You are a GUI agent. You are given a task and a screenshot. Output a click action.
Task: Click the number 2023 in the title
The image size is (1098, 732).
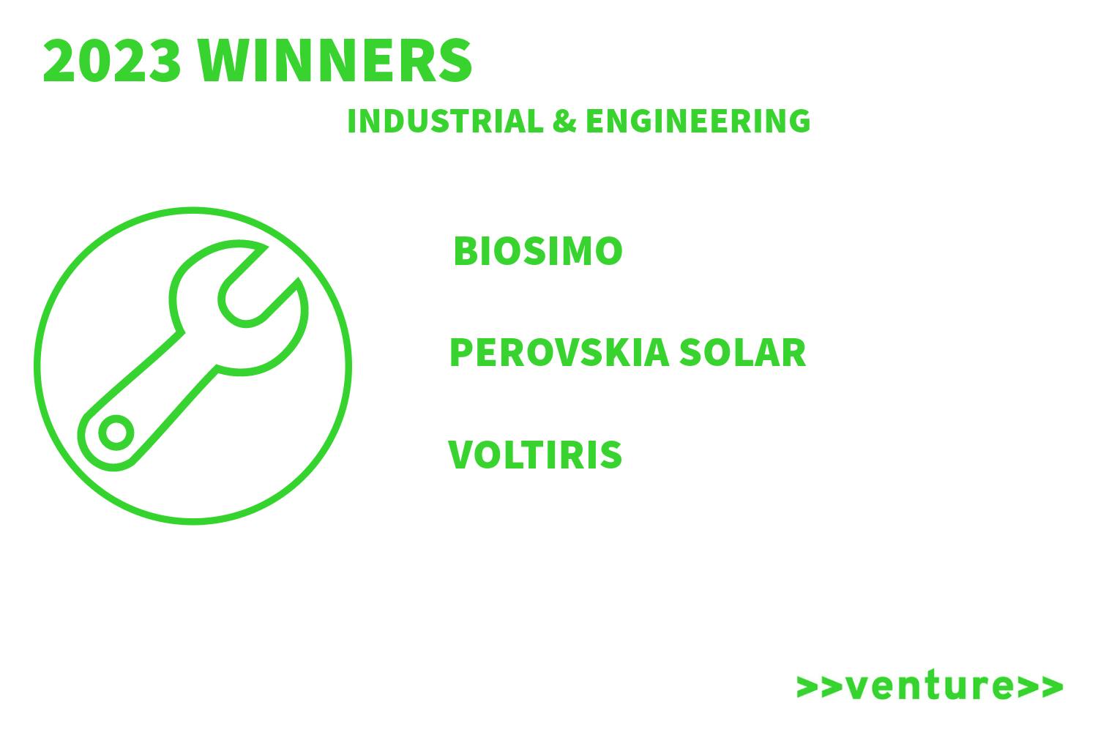[112, 61]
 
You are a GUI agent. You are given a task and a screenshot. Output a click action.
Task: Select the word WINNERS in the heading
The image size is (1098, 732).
[335, 61]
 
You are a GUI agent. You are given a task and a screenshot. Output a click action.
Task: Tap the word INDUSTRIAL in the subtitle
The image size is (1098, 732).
[445, 121]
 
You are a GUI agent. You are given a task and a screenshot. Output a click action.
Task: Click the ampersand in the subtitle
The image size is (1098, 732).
[564, 121]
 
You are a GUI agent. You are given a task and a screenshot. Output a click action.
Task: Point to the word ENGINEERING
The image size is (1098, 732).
[698, 121]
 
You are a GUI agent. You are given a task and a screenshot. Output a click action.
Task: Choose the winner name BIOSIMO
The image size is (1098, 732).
[538, 251]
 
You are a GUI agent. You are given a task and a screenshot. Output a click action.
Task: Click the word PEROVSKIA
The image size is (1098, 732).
[559, 353]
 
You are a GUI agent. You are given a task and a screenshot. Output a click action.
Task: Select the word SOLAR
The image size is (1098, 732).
[743, 353]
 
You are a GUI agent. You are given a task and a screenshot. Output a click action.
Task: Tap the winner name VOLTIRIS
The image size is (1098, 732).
[535, 455]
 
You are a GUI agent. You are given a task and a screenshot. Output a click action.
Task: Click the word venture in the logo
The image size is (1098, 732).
[930, 685]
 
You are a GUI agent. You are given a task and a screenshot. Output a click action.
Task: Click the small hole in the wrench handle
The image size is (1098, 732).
[116, 433]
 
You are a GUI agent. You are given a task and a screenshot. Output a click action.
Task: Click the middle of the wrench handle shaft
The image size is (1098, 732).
[162, 387]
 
